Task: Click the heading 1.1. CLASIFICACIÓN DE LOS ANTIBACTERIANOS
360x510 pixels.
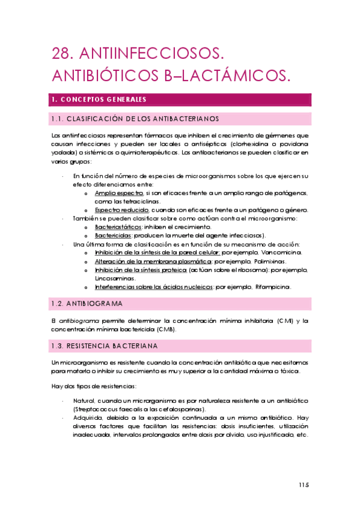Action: tap(135, 118)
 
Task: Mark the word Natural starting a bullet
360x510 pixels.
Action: tap(85, 401)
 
